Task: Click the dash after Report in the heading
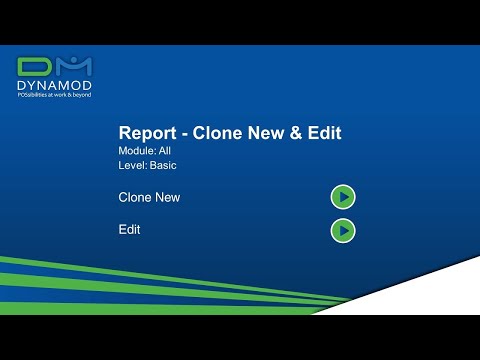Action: coord(182,134)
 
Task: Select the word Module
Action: coord(135,151)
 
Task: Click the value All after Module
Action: coord(165,151)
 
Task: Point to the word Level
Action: coord(131,166)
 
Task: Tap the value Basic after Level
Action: coord(163,166)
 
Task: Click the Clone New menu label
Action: coord(149,198)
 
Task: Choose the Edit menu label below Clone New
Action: coord(129,230)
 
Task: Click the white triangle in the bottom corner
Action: coord(440,300)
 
